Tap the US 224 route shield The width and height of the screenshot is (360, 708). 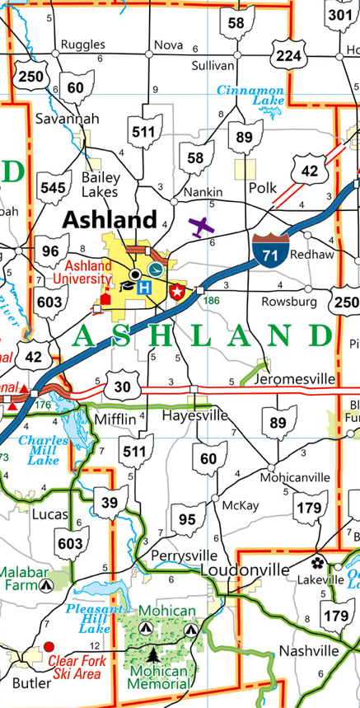click(288, 55)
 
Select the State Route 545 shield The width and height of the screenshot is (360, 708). click(52, 188)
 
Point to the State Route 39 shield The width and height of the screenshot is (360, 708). click(115, 502)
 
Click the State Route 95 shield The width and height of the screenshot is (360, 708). click(188, 519)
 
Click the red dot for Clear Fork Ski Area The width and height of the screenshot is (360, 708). click(49, 647)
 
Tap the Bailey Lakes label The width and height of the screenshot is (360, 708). click(101, 184)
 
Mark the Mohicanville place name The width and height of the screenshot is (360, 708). click(294, 477)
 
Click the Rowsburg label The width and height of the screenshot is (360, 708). click(288, 302)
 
